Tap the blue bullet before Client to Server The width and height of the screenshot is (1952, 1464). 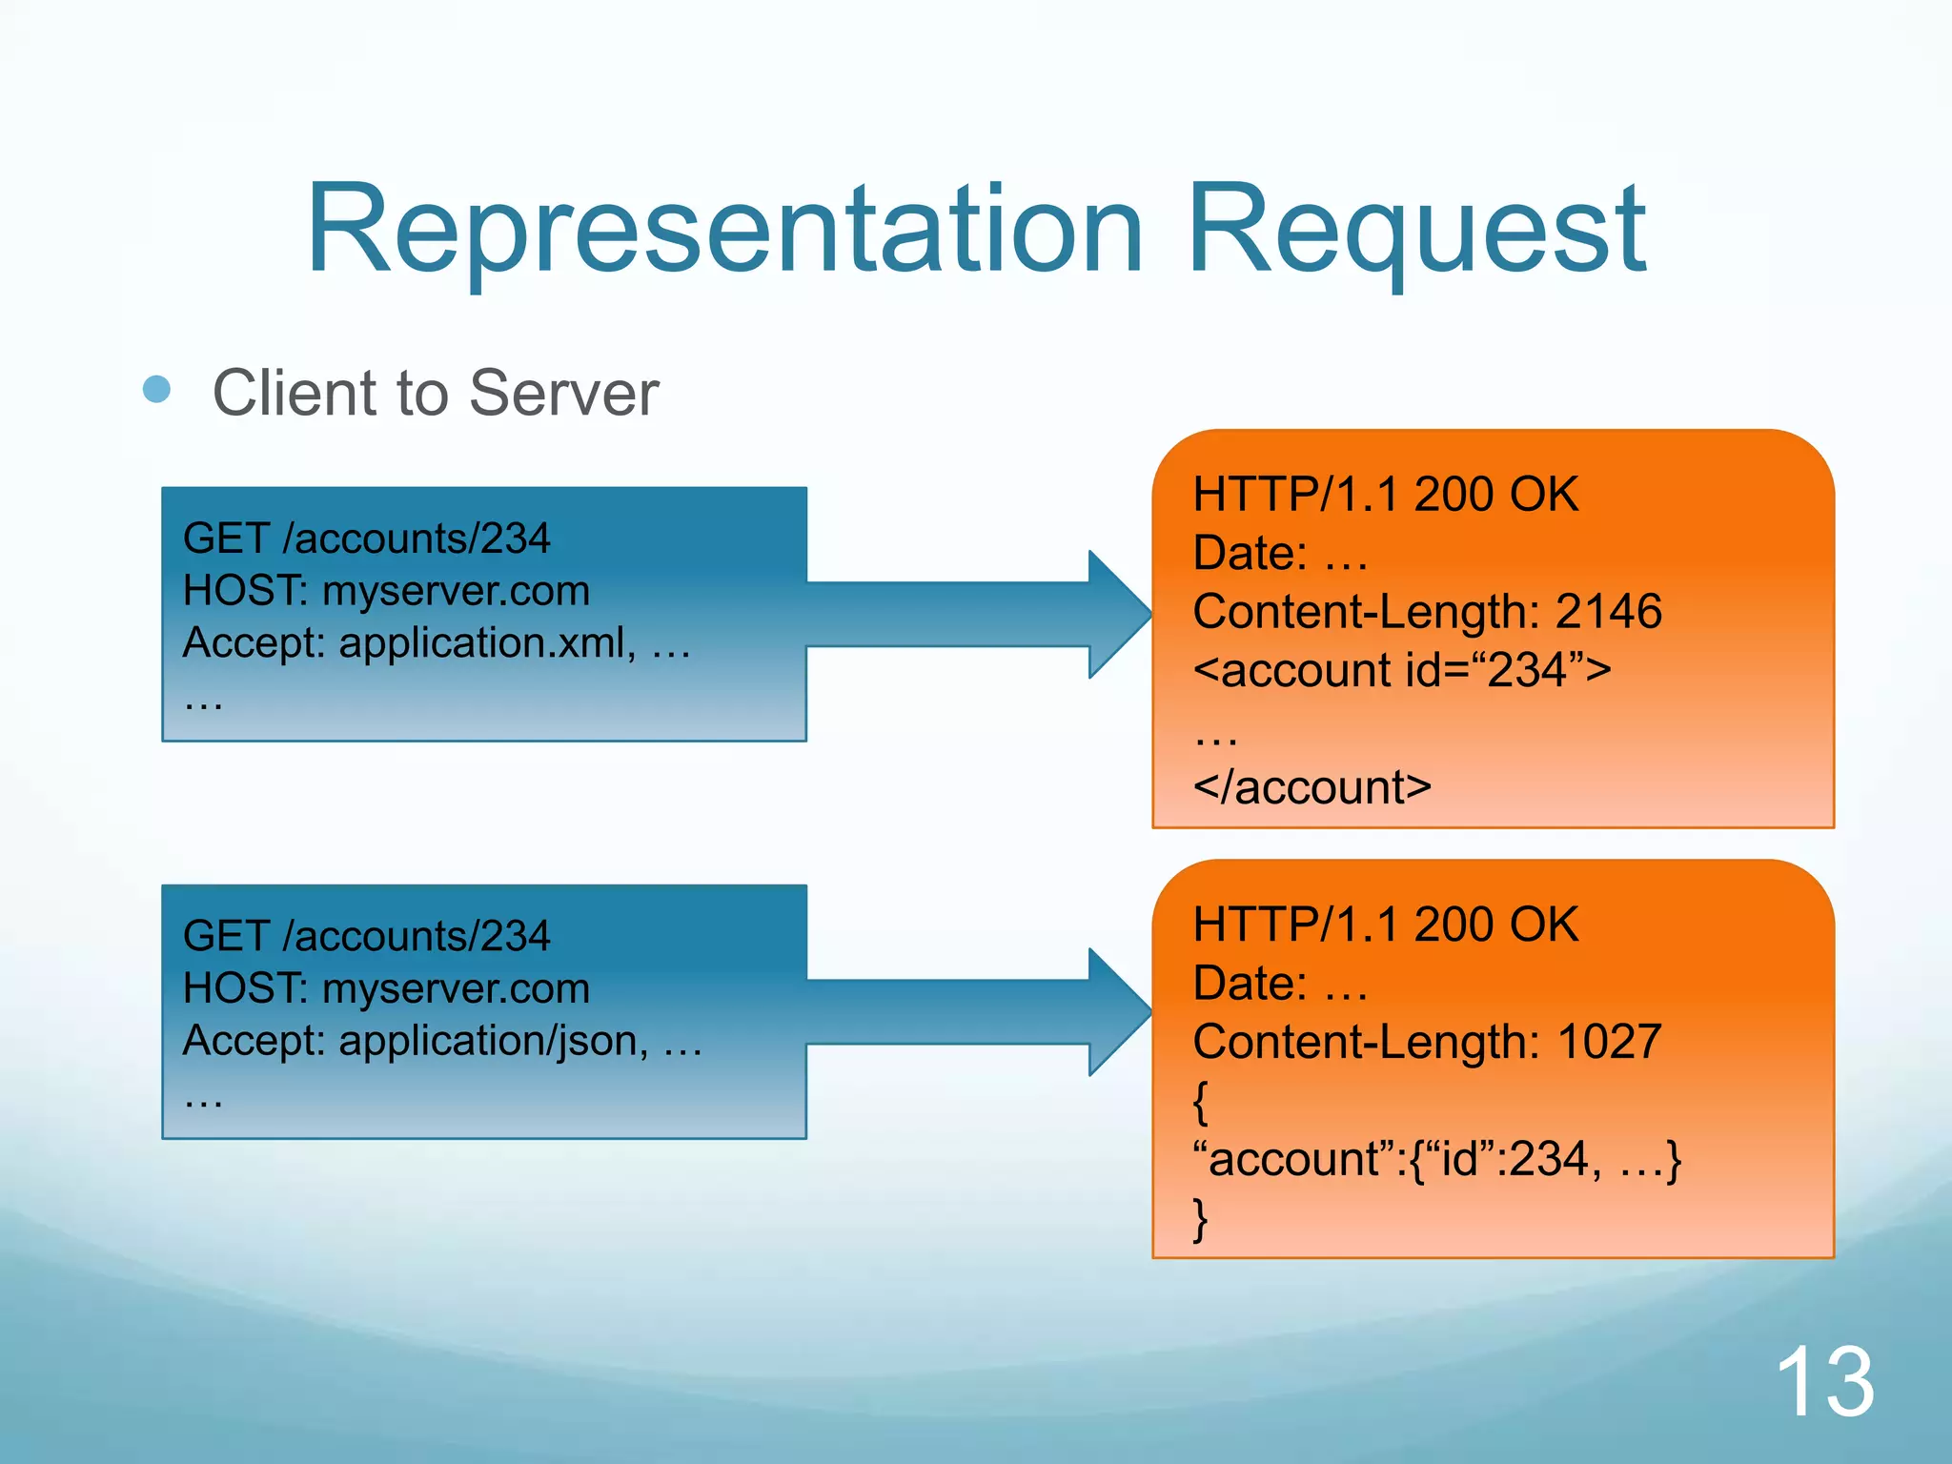point(156,389)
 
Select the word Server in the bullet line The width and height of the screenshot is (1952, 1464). point(563,393)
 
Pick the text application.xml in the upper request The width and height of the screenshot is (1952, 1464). point(487,643)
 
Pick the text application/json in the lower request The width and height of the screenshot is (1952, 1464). point(493,1041)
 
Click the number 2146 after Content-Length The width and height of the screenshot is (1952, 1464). point(1608,612)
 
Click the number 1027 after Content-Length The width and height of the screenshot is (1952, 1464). point(1608,1042)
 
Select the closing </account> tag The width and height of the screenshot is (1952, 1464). point(1311,788)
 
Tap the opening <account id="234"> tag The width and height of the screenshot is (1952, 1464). point(1401,670)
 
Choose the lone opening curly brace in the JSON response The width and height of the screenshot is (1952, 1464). point(1201,1103)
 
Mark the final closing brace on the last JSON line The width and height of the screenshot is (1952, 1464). point(1201,1219)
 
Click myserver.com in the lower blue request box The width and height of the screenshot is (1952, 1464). point(456,988)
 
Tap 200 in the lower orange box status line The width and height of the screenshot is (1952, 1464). point(1454,925)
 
